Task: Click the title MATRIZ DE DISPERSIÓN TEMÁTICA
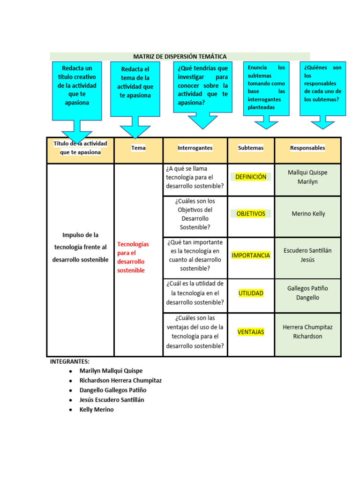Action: tap(180, 57)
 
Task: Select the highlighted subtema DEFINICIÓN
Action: tap(250, 177)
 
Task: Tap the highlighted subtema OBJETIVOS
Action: tap(251, 214)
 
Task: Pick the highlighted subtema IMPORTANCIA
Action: tap(251, 255)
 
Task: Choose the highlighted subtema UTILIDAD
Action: tap(251, 293)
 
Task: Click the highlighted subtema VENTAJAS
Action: tap(251, 332)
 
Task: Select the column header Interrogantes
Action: tap(195, 148)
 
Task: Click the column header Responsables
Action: tap(307, 148)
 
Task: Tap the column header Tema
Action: tap(138, 148)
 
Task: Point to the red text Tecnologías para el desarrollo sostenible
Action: tap(133, 257)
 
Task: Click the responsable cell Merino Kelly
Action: tap(308, 214)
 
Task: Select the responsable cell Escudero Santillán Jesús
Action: tap(307, 255)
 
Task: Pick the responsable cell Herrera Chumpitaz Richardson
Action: tap(307, 331)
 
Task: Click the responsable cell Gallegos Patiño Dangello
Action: tap(307, 293)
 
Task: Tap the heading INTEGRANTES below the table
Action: tap(70, 361)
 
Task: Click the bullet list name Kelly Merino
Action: tap(97, 409)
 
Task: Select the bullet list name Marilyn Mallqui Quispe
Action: tap(111, 371)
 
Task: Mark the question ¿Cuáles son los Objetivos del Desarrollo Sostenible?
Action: tap(195, 214)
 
